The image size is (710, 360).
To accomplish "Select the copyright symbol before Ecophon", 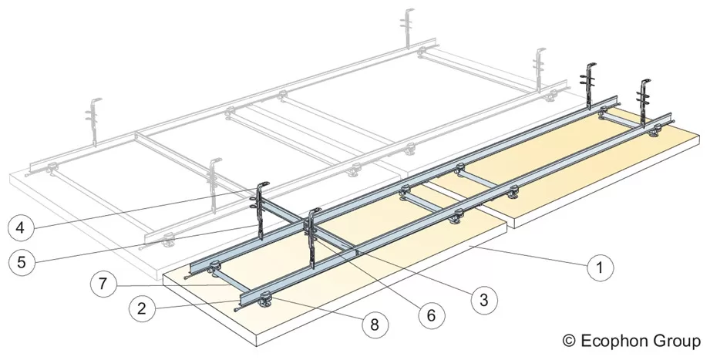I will pyautogui.click(x=570, y=339).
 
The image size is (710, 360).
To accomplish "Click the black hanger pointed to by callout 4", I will pyautogui.click(x=261, y=204).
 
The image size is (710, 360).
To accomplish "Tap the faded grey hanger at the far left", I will pyautogui.click(x=96, y=119).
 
